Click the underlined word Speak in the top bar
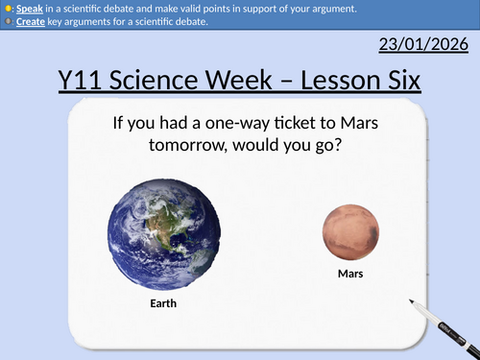click(x=26, y=9)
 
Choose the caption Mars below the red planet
click(x=350, y=275)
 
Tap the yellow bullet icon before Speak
click(x=7, y=9)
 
